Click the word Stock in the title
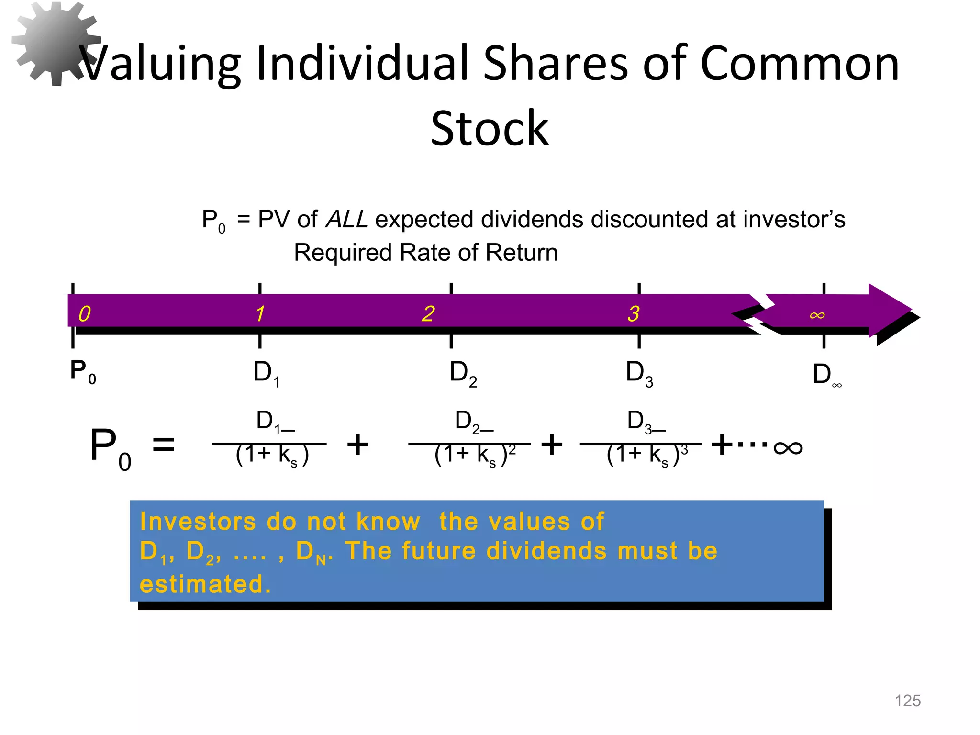(x=489, y=129)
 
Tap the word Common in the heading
(x=800, y=64)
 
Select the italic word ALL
(x=346, y=220)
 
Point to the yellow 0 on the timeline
(x=84, y=314)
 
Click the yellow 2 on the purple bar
(x=428, y=314)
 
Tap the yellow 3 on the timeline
(x=633, y=314)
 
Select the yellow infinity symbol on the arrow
(x=817, y=315)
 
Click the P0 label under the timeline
(x=83, y=371)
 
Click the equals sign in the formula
(x=163, y=445)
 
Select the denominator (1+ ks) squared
(x=474, y=455)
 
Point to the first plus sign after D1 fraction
(x=357, y=445)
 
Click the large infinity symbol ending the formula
(x=788, y=448)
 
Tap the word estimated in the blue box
(x=205, y=584)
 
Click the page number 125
(x=907, y=701)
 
